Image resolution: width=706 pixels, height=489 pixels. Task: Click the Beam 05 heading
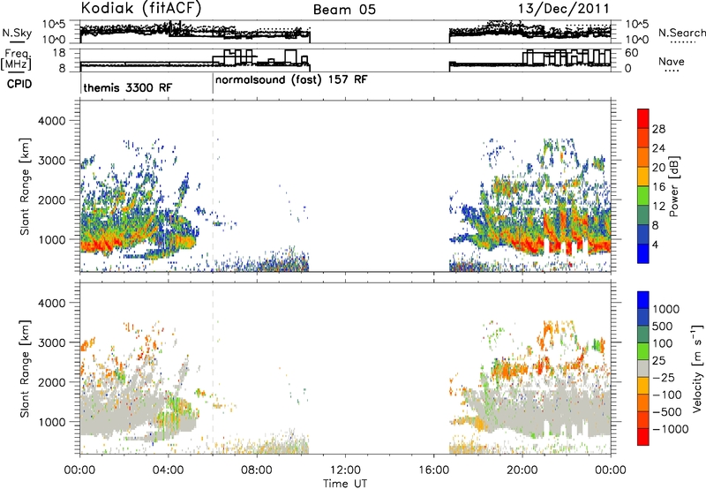coord(344,10)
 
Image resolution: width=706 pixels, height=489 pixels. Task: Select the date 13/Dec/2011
coord(563,9)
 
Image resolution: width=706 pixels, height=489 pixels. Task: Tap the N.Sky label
coord(17,33)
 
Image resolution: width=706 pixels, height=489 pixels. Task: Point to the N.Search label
coord(681,33)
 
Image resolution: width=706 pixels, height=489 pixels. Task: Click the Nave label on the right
coord(672,62)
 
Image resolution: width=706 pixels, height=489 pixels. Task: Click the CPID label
coord(19,84)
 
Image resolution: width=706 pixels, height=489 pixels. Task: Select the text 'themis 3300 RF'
coord(128,87)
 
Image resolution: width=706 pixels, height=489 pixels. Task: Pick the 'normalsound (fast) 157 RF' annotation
coord(291,80)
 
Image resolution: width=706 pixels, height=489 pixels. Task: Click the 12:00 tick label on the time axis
coord(345,470)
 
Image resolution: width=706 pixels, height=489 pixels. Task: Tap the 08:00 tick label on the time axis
coord(257,470)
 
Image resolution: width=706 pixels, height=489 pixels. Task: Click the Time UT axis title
coord(345,484)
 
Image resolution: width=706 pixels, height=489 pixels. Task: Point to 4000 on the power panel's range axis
coord(51,121)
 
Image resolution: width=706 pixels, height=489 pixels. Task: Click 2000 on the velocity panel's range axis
coord(51,382)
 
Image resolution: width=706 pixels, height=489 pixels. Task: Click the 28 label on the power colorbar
coord(658,129)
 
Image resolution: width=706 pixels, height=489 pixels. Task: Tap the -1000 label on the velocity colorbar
coord(671,429)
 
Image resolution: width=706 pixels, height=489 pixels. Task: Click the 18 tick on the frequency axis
coord(59,53)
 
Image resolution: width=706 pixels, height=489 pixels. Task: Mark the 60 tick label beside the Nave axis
coord(632,53)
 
